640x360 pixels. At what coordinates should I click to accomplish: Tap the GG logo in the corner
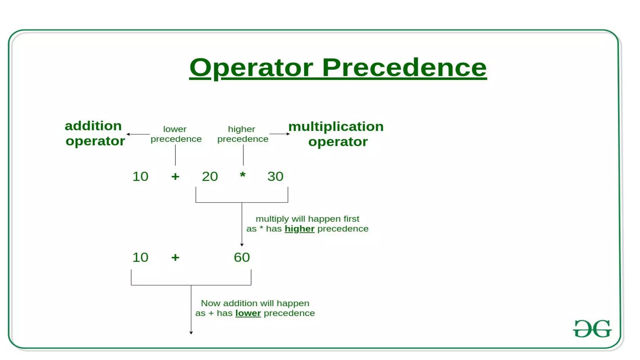[x=592, y=328]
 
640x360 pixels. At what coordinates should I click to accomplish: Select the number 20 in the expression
[x=210, y=177]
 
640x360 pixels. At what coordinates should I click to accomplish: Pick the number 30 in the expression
[x=275, y=177]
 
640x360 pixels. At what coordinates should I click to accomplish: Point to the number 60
[x=242, y=257]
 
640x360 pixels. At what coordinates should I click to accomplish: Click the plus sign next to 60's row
[x=175, y=257]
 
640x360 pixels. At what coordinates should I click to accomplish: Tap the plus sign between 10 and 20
[x=175, y=177]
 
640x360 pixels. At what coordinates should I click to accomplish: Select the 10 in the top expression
[x=140, y=177]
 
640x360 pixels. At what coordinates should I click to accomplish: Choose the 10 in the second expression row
[x=140, y=257]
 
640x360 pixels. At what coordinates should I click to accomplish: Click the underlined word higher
[x=299, y=229]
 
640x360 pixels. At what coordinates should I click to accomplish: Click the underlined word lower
[x=248, y=313]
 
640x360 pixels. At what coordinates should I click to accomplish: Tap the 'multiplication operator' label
[x=336, y=134]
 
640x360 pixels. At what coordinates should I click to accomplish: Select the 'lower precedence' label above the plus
[x=176, y=134]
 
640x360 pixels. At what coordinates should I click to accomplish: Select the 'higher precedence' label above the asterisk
[x=242, y=134]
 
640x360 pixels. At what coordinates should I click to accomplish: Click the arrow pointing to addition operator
[x=137, y=134]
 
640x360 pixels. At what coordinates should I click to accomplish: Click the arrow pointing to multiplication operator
[x=280, y=134]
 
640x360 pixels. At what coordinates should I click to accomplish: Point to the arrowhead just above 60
[x=242, y=245]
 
